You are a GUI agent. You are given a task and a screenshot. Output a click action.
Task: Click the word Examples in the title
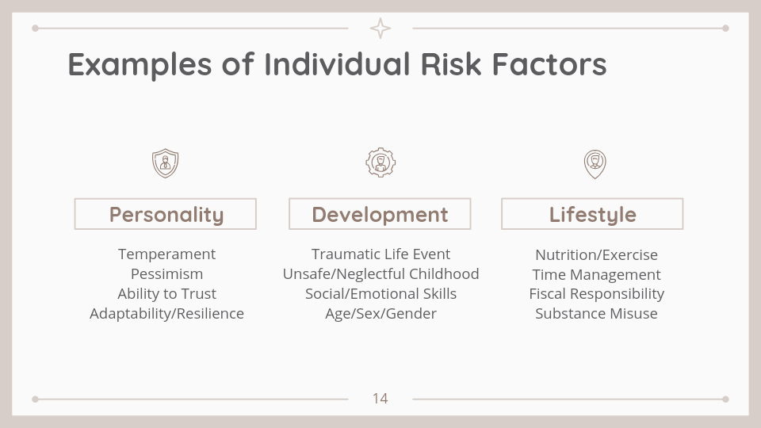(x=140, y=65)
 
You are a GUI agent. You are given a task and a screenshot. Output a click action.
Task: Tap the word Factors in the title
(x=549, y=64)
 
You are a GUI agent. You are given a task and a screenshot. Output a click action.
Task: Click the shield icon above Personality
(x=166, y=163)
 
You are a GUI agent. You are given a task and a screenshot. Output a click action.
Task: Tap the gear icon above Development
(x=380, y=162)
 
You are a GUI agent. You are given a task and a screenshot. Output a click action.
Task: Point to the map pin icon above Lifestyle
(x=595, y=164)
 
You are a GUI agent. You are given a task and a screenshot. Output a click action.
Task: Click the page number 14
(x=380, y=399)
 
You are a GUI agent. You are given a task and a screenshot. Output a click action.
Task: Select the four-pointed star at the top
(x=380, y=29)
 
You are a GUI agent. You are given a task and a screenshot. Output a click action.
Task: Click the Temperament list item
(x=166, y=254)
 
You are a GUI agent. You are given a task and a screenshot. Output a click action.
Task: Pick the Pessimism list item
(x=167, y=274)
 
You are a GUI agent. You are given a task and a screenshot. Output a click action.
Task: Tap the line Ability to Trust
(x=166, y=294)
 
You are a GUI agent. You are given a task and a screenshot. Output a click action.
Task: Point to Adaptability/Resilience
(x=166, y=314)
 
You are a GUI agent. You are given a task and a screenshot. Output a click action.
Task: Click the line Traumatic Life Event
(x=381, y=254)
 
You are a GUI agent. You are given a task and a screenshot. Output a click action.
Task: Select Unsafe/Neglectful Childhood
(x=381, y=274)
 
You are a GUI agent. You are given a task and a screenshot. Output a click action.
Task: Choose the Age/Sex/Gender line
(x=381, y=314)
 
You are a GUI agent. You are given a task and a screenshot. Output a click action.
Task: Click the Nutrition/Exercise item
(x=596, y=254)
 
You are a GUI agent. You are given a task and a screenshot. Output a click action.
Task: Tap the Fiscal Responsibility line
(x=596, y=294)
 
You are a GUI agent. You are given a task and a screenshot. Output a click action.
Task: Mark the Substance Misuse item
(x=596, y=314)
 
